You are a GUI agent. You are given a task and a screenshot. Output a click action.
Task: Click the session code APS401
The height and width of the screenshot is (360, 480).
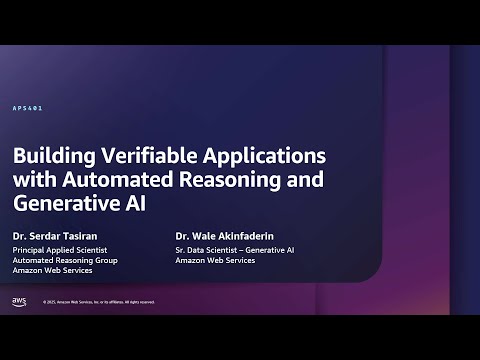click(27, 107)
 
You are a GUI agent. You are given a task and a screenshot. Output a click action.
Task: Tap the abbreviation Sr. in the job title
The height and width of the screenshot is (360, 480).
click(179, 249)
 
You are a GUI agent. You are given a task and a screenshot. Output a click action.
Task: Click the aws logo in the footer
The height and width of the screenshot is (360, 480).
click(19, 300)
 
